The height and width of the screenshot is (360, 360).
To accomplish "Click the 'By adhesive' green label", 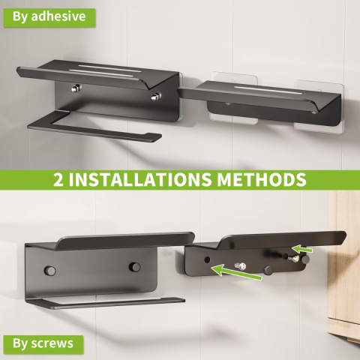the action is click(49, 18).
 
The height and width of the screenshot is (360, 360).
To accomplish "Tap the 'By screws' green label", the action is click(43, 344).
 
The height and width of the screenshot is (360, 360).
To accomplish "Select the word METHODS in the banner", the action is click(262, 179).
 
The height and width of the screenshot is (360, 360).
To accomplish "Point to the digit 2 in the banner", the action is click(58, 179).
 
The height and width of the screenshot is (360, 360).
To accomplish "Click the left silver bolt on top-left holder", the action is click(76, 88).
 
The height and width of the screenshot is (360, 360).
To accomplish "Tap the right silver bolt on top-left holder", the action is click(156, 96).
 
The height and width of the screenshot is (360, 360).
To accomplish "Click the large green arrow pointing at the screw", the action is click(236, 272).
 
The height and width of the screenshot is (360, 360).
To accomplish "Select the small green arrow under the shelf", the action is click(302, 249).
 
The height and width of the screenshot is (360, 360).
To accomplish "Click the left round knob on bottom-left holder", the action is click(50, 271).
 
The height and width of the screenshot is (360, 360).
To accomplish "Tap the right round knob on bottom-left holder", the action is click(134, 267).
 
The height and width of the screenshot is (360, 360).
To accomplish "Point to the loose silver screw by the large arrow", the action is click(241, 266).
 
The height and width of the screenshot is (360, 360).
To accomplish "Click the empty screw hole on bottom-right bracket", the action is click(207, 259).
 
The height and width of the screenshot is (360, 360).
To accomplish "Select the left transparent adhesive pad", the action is click(234, 98).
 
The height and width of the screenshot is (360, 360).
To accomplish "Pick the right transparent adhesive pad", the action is click(319, 105).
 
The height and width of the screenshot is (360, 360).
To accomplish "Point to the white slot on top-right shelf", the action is click(268, 90).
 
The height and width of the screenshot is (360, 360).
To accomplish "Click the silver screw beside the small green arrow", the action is click(294, 258).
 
